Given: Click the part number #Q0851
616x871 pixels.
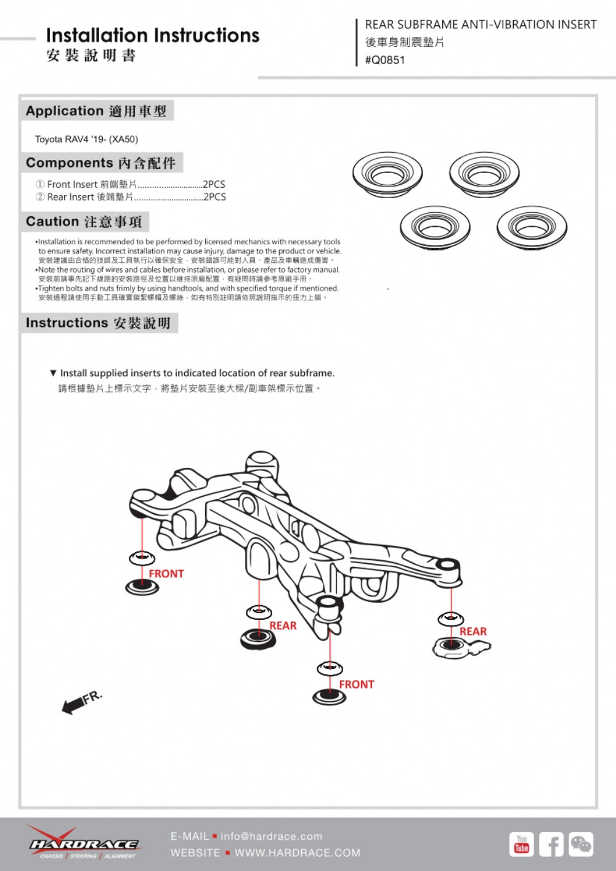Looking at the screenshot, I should pos(385,60).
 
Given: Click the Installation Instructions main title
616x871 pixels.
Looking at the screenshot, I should pos(153,36).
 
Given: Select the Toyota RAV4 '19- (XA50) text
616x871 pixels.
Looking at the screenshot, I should pos(86,139).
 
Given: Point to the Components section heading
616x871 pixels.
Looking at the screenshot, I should pos(100,163).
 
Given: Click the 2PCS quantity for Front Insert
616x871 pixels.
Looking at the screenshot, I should pos(214,184).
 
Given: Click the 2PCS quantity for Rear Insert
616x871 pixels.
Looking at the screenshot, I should pos(214,197).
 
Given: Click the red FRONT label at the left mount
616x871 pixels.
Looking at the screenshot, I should pos(166,574).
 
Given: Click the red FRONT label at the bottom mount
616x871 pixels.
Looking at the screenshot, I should pos(357,684).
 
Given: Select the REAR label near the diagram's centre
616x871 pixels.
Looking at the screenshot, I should pos(283,625).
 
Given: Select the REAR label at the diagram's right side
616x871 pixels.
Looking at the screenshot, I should pos(473,632).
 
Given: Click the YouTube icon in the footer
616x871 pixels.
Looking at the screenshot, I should pos(521,844).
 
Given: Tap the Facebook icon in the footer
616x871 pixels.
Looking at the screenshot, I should pos(551,845).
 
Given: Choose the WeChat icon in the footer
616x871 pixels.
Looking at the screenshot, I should pos(581,844).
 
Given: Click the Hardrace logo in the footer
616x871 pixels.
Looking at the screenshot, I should pos(83,843).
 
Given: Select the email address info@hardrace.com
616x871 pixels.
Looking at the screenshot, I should pos(271,836).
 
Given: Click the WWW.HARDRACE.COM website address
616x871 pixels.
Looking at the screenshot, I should pos(298,853).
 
